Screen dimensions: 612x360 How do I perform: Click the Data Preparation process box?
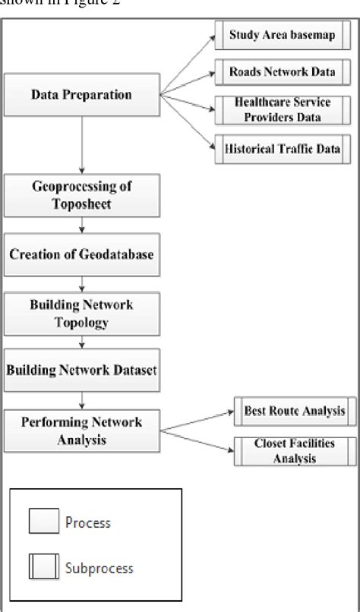coord(81,95)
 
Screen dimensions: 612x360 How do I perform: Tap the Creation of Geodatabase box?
coord(81,254)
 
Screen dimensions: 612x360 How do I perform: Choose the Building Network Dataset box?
coord(81,370)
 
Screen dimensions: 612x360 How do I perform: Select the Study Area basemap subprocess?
coord(279,35)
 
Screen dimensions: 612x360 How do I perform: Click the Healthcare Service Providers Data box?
coord(279,110)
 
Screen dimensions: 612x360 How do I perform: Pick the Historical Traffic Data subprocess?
coord(279,149)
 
